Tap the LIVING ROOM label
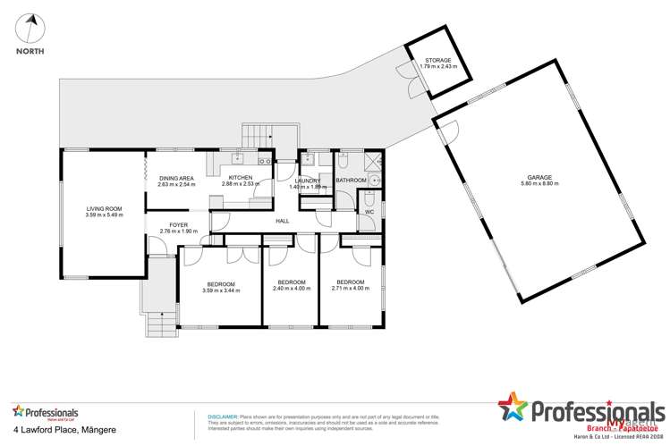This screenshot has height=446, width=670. (x=104, y=208)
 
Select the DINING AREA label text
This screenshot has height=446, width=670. (x=176, y=178)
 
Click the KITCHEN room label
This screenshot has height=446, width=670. (x=241, y=178)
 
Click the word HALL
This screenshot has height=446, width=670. (x=283, y=220)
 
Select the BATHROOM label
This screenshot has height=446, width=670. (x=351, y=181)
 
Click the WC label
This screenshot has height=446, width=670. (x=369, y=213)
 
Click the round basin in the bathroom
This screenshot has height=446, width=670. (x=375, y=179)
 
